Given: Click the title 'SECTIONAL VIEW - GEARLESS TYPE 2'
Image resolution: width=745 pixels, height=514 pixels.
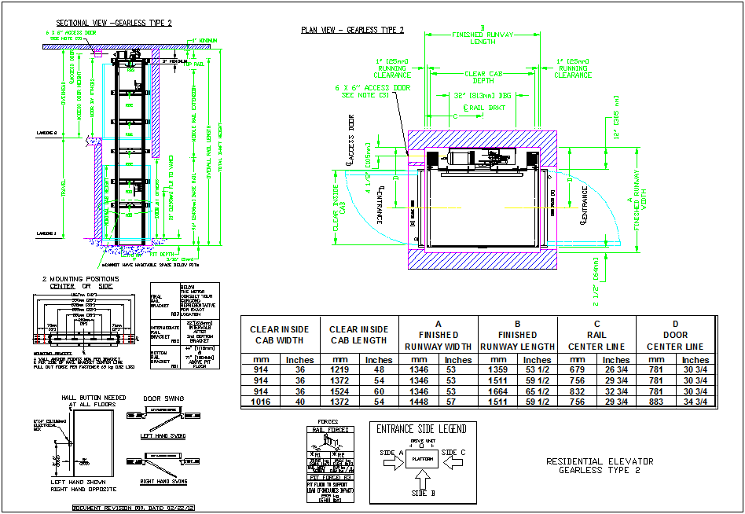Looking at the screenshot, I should click(113, 23).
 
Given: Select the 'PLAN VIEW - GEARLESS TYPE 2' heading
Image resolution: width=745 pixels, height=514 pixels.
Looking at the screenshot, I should click(353, 30).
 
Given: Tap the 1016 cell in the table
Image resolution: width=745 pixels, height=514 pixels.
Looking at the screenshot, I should click(260, 402).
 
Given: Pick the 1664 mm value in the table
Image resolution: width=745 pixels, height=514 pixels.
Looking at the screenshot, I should click(497, 391).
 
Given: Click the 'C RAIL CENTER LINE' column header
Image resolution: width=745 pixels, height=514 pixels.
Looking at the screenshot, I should click(596, 335).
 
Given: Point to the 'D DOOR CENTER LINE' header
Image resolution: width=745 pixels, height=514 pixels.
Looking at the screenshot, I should click(676, 335).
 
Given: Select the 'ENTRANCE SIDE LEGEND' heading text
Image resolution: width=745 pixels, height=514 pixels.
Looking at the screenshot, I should click(421, 429).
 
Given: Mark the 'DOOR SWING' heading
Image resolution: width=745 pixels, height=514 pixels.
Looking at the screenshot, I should click(164, 398).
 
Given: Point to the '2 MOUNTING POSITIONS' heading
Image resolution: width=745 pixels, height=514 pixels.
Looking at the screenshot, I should click(81, 279).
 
